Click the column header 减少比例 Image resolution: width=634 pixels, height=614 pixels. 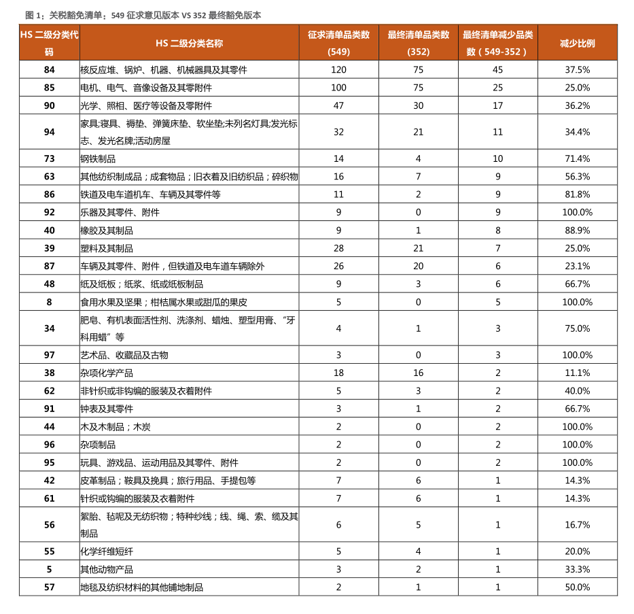pos(577,43)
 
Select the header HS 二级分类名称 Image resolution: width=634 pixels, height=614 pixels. pos(189,43)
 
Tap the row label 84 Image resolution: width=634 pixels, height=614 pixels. pos(49,69)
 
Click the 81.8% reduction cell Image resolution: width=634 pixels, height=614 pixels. pos(577,194)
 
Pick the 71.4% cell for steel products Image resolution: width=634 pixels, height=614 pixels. pos(577,158)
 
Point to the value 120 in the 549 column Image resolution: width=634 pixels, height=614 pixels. pos(338,69)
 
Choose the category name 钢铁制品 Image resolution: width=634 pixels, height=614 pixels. pos(98,158)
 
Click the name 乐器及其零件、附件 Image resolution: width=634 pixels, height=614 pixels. pos(120,212)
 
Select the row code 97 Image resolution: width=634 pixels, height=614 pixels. pos(49,355)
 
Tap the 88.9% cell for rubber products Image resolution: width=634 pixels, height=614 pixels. pos(577,231)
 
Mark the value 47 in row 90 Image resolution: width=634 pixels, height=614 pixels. pos(338,105)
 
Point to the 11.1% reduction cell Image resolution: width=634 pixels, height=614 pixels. pos(577,373)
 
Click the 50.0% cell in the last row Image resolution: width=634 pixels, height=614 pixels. pos(577,587)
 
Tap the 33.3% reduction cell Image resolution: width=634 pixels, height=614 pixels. pos(577,569)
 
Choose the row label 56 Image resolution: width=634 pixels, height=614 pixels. pos(49,525)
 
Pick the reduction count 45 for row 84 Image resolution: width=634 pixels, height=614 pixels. pos(497,69)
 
